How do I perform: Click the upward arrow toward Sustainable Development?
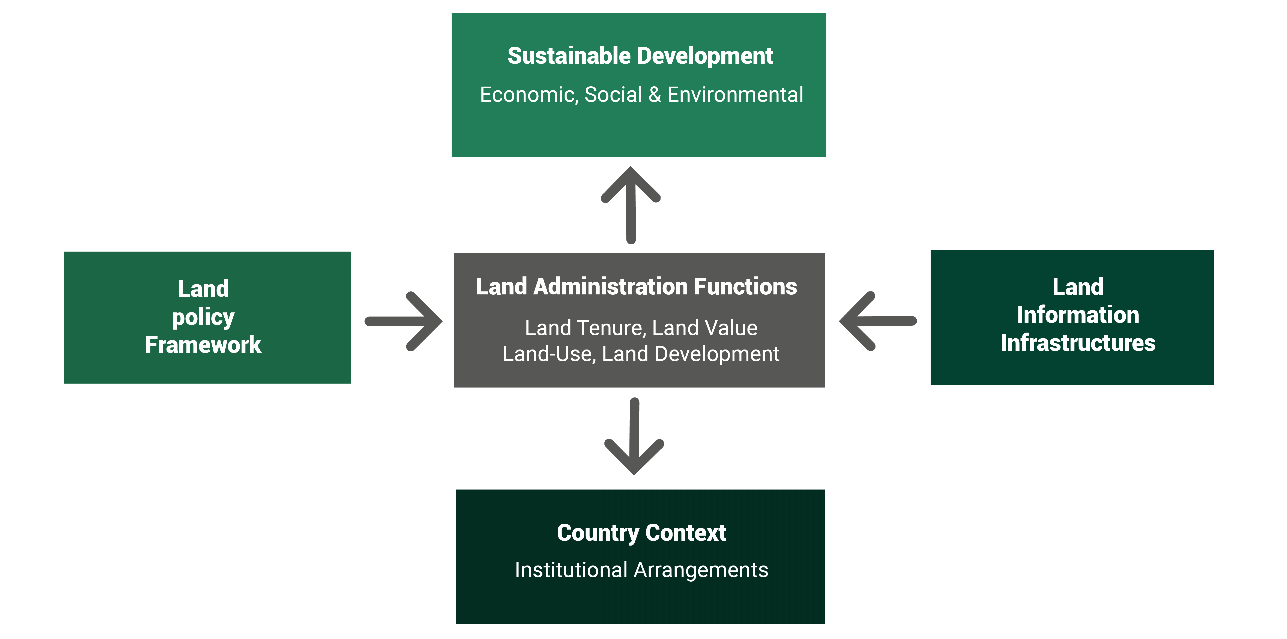631,205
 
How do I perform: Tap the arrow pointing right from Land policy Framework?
404,321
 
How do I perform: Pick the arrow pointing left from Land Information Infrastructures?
878,321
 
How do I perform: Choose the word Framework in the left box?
203,345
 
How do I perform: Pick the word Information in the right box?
1078,315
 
